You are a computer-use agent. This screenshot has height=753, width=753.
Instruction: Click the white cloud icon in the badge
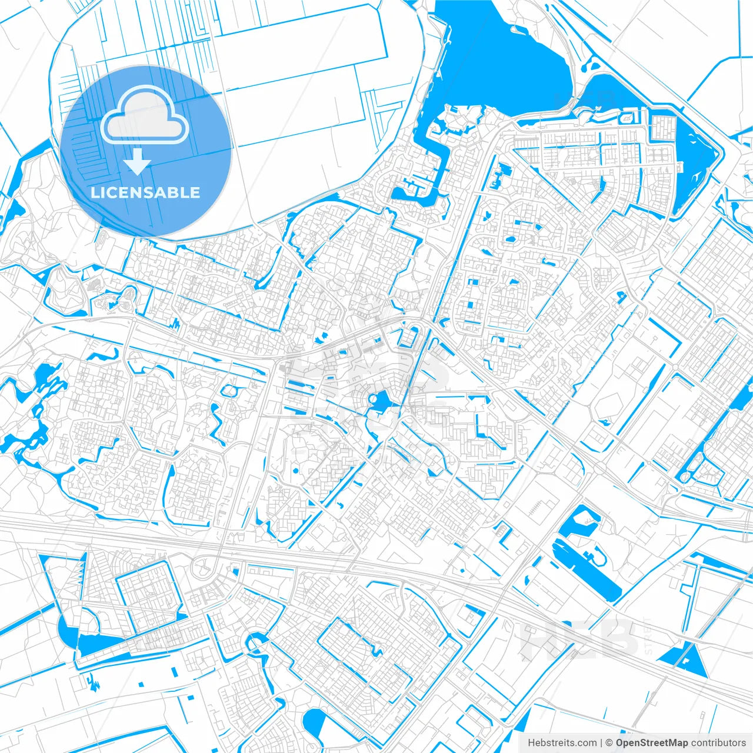(x=145, y=115)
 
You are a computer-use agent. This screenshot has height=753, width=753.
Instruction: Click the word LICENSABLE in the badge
(x=145, y=192)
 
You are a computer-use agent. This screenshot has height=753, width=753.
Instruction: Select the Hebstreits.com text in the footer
(x=562, y=743)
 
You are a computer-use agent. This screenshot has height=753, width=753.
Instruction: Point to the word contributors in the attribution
(x=718, y=743)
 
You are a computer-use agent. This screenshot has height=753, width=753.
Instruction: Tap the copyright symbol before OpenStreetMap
(x=609, y=743)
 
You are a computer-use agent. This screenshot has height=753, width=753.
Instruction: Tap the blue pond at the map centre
(x=379, y=402)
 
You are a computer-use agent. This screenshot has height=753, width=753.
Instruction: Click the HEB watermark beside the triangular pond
(x=579, y=638)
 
